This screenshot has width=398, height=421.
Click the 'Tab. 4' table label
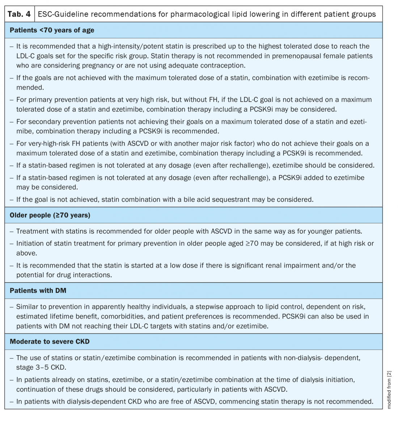coord(19,14)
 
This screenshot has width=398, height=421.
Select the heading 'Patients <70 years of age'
coord(52,30)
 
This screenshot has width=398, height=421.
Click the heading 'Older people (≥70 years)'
coord(50,215)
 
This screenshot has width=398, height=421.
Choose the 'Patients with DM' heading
coord(38,291)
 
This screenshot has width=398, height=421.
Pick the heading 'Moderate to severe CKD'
coord(50,342)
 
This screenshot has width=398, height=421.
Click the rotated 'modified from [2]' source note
coord(389,390)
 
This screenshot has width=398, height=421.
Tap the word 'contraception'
coord(222,65)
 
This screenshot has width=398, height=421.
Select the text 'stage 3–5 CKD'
coord(41,368)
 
